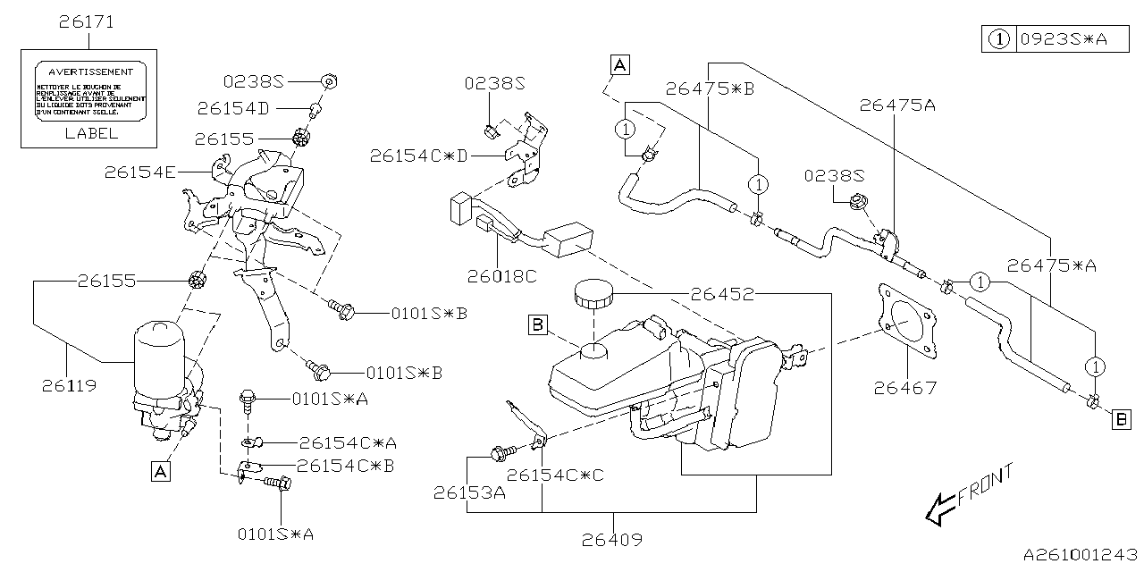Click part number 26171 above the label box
[87, 21]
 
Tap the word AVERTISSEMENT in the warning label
[90, 71]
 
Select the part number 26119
[69, 387]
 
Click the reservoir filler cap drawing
[591, 294]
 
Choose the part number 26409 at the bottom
[614, 540]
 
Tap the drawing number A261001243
[1079, 556]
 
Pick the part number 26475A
[897, 105]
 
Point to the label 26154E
[139, 171]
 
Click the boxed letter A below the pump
[160, 471]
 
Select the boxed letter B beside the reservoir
[537, 325]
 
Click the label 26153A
[470, 492]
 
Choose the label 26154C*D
[418, 156]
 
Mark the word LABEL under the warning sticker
[91, 133]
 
